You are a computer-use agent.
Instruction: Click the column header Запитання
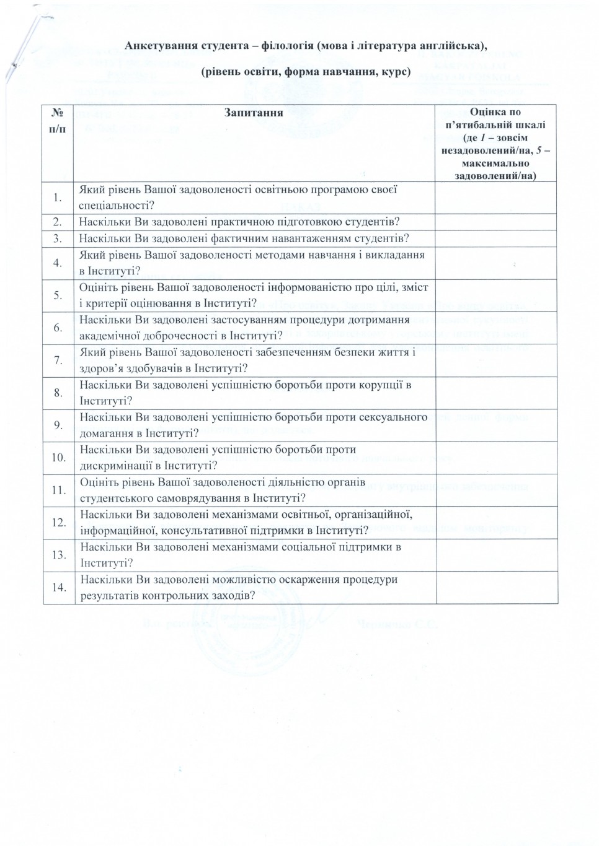click(x=254, y=113)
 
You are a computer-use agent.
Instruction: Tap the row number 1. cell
click(x=58, y=198)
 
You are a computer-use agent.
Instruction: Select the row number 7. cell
click(x=58, y=360)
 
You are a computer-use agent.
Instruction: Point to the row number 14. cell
click(x=58, y=587)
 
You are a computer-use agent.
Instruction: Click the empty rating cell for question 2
click(x=496, y=222)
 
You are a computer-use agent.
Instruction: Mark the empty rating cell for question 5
click(x=496, y=295)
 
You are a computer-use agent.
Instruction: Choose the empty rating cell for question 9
click(x=496, y=425)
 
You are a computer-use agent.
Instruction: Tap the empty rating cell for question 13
click(x=496, y=554)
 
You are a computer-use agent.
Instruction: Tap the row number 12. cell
click(x=58, y=522)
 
